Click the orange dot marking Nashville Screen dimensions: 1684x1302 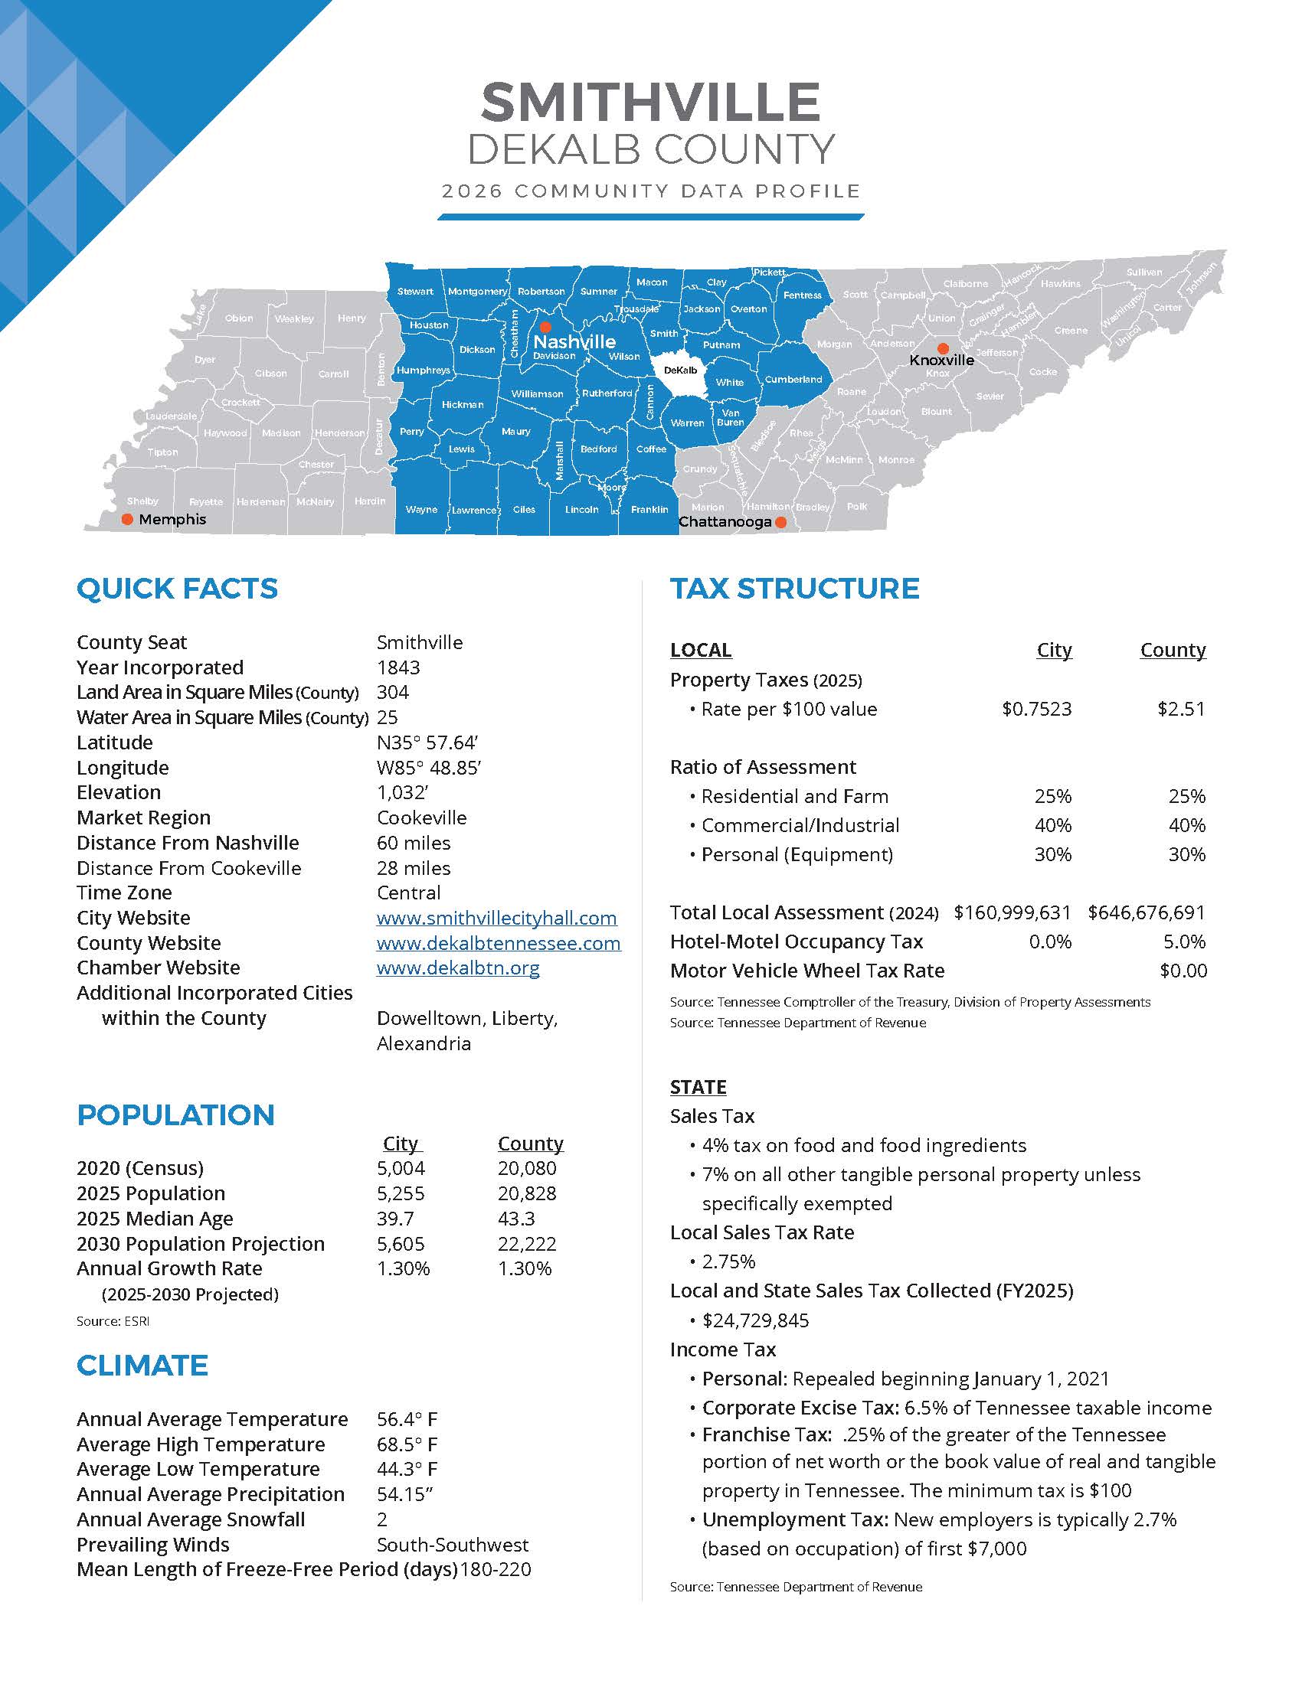coord(545,327)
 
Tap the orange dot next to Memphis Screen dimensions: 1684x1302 coord(127,520)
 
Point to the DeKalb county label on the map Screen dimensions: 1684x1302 coord(680,370)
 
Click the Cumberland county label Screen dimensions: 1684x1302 coord(793,380)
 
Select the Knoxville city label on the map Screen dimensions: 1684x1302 coord(941,360)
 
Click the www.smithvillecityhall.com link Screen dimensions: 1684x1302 coord(496,918)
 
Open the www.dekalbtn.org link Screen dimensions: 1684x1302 coord(457,968)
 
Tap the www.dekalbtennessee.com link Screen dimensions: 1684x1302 coord(499,943)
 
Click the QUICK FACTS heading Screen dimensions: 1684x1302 coord(177,589)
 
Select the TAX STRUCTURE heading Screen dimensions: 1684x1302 coord(794,589)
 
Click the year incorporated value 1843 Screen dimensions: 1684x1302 coord(398,667)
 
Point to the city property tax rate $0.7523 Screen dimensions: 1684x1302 coord(1036,709)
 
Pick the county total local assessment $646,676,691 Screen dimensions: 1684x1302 coord(1147,913)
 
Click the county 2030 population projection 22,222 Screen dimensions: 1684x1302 coord(527,1244)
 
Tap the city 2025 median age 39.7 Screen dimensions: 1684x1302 coord(395,1219)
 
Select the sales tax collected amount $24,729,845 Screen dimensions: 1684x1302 coord(755,1321)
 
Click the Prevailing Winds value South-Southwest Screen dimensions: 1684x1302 coord(452,1545)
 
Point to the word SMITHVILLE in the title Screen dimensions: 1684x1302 coord(650,102)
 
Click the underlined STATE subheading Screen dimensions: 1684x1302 coord(698,1087)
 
